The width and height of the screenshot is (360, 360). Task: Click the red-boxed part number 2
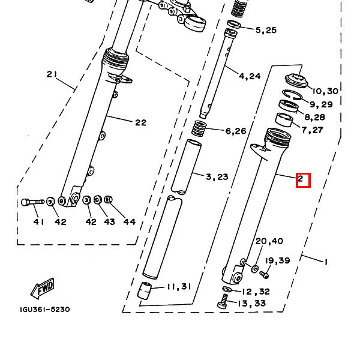tap(303, 179)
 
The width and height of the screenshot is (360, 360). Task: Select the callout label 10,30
tap(325, 91)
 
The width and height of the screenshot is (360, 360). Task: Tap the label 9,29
tap(322, 104)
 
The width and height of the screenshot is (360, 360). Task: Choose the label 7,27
tap(312, 130)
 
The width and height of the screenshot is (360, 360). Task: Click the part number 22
tap(140, 122)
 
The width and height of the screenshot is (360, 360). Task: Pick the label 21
tap(52, 74)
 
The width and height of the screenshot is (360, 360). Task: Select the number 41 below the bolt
tap(38, 222)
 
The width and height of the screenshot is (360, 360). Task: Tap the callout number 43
tap(109, 222)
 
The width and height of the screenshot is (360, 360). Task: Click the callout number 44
tap(129, 222)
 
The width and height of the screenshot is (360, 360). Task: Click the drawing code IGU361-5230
tap(44, 310)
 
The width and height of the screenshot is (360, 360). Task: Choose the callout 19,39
tap(278, 260)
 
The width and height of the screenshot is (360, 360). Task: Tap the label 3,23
tap(217, 177)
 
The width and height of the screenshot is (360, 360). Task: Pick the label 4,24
tap(250, 76)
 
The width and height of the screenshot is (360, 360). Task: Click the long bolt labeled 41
tap(32, 202)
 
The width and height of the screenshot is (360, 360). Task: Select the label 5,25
tap(266, 30)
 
